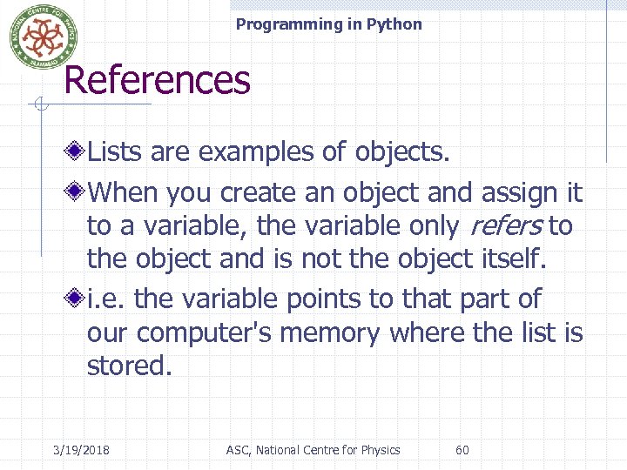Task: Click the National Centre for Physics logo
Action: tap(37, 37)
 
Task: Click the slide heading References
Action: tap(157, 80)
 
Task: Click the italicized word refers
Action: tap(506, 226)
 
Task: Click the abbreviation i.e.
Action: tap(107, 299)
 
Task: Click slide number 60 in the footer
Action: tap(462, 450)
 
